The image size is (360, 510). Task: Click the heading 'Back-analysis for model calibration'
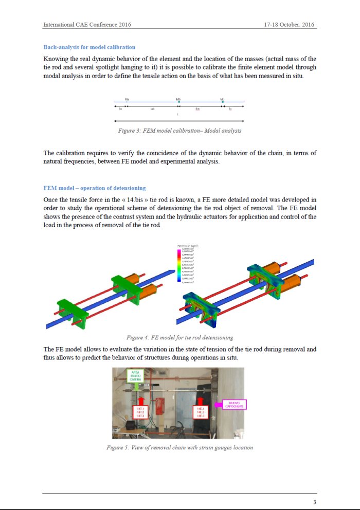(x=89, y=47)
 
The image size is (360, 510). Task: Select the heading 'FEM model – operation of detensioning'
(x=94, y=188)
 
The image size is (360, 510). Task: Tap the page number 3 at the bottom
(x=314, y=502)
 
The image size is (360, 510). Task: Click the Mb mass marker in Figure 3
(x=178, y=101)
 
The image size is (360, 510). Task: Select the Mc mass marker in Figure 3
(x=222, y=101)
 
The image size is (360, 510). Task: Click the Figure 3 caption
(x=179, y=131)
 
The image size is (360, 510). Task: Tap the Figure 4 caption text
(x=179, y=338)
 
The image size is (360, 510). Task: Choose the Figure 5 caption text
(x=179, y=447)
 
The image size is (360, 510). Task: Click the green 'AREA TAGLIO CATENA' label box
(x=135, y=375)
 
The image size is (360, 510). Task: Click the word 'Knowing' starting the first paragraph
(x=56, y=59)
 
